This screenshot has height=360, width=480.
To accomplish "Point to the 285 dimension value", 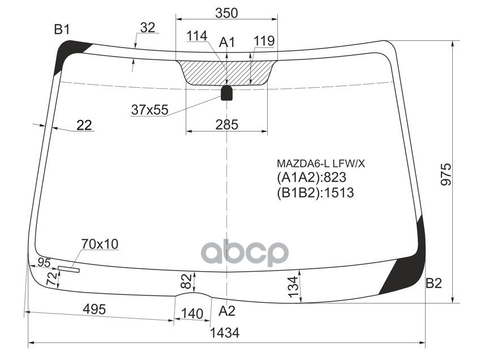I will (x=226, y=125).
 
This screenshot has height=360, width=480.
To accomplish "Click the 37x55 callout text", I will (x=149, y=110).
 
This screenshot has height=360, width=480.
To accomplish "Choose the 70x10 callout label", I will (x=100, y=244).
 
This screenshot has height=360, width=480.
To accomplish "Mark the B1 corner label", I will (x=62, y=29).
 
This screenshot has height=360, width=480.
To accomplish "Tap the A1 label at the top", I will (x=227, y=41).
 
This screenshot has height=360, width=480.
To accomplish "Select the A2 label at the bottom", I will (x=226, y=310).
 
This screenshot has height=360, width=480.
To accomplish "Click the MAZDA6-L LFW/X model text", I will (x=321, y=164).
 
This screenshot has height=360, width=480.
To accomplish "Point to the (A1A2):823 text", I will (x=311, y=178).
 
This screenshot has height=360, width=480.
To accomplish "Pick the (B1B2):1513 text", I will (x=315, y=193).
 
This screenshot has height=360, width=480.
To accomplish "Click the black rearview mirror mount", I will (x=226, y=93).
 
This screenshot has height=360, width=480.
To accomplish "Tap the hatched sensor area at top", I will (x=226, y=72).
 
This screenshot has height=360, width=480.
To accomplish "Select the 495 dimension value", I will (x=94, y=309).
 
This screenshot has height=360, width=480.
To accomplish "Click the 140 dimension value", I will (x=192, y=314).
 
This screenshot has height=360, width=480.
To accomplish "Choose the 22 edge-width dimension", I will (x=84, y=125).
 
